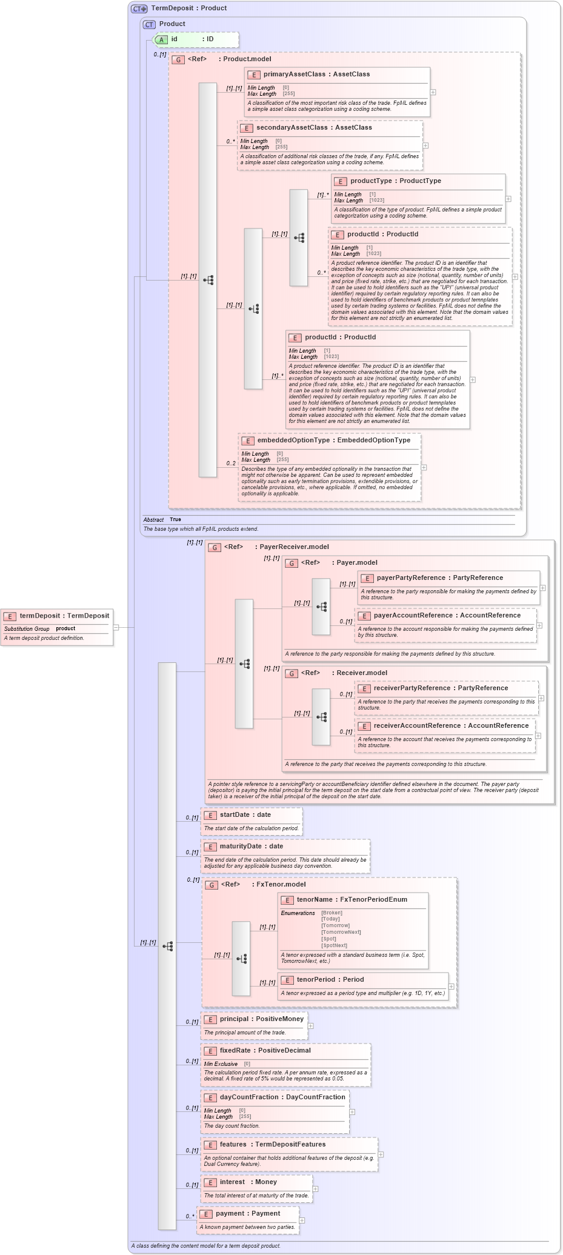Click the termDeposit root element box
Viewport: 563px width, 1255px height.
[57, 627]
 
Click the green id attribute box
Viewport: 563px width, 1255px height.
[195, 39]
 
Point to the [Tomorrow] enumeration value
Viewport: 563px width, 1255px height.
[335, 925]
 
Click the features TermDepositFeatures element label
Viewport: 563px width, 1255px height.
[272, 1145]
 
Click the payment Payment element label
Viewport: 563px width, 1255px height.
[247, 1214]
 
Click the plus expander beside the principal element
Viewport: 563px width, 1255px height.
[311, 1026]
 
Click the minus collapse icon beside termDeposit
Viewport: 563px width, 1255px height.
[116, 627]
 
